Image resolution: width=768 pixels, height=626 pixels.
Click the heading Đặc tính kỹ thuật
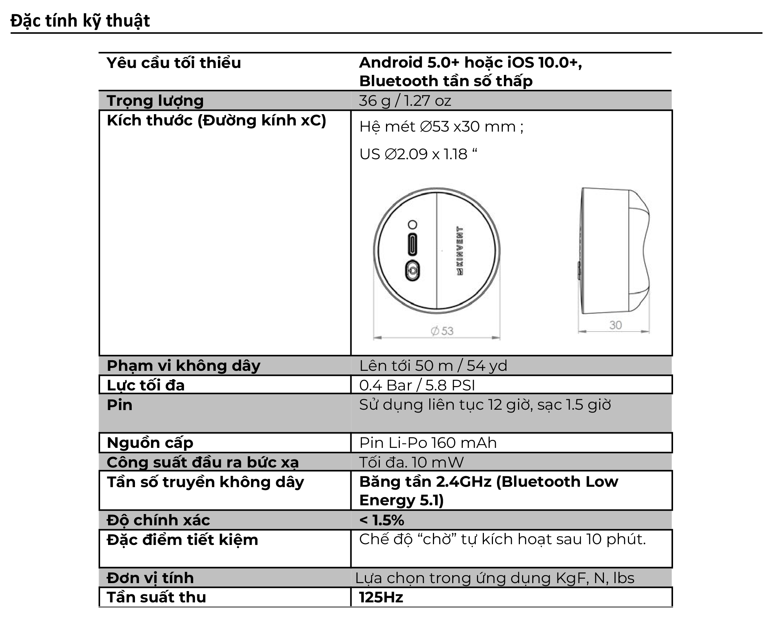pyautogui.click(x=80, y=21)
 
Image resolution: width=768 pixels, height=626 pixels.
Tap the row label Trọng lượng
pyautogui.click(x=155, y=101)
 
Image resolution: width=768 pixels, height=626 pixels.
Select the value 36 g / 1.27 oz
pyautogui.click(x=405, y=101)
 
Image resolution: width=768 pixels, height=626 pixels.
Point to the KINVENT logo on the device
pyautogui.click(x=459, y=251)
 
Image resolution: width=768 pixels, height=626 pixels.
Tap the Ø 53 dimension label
pyautogui.click(x=442, y=331)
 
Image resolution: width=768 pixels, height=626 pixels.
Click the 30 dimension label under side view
pyautogui.click(x=615, y=325)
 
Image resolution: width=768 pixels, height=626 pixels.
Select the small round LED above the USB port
pyautogui.click(x=413, y=224)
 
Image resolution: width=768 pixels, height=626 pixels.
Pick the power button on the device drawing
pyautogui.click(x=413, y=271)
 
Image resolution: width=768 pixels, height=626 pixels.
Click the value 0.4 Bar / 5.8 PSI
pyautogui.click(x=417, y=385)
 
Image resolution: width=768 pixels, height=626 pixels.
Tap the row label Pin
pyautogui.click(x=119, y=405)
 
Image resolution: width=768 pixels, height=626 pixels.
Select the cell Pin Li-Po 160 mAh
pyautogui.click(x=428, y=443)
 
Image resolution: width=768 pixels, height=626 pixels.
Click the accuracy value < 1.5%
pyautogui.click(x=382, y=520)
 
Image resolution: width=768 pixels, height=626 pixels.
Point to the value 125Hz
pyautogui.click(x=381, y=598)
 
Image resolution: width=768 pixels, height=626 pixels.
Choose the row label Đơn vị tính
pyautogui.click(x=150, y=578)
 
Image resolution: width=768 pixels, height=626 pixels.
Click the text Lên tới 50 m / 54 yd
pyautogui.click(x=433, y=366)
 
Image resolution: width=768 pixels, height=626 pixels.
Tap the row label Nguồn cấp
pyautogui.click(x=150, y=443)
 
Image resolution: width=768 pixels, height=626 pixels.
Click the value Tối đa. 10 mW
pyautogui.click(x=411, y=462)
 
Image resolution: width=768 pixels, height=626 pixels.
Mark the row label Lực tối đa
pyautogui.click(x=146, y=385)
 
